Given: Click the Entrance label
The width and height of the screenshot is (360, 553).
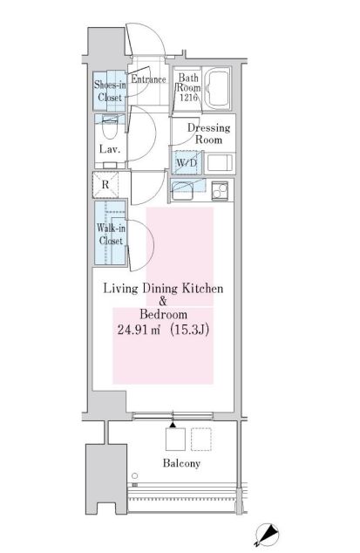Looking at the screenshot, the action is pos(148,79).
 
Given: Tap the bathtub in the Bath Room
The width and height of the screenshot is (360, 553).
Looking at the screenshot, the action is pos(217,88).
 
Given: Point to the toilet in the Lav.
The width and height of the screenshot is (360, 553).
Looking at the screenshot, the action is pos(109,127).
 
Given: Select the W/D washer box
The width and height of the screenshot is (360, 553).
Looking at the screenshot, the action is pos(187,163).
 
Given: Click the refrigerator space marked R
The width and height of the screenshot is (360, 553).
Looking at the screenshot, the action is pos(105,184).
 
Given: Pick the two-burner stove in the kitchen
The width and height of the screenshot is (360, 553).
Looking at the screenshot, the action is pos(221,190).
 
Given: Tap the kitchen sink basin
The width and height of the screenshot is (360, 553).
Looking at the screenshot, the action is pos(181,191).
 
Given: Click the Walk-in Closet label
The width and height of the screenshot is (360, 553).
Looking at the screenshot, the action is pos(111,234).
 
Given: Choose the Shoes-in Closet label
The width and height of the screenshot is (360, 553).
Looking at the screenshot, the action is pos(110,91).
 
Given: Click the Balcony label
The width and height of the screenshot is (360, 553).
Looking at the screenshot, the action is pos(181,463).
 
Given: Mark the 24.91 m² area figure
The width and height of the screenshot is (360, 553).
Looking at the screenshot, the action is pos(139,330).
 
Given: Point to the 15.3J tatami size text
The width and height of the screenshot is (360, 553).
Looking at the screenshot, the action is pos(190,330).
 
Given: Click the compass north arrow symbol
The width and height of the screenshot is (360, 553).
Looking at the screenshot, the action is pos(267,535).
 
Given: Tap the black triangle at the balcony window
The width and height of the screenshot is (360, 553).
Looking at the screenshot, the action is pos(173,425).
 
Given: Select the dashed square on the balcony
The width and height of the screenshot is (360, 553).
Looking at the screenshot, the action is pos(201,439).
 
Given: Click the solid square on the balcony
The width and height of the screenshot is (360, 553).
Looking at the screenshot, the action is pos(175,439).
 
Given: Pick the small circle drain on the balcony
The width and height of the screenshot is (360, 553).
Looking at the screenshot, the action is pos(135,475).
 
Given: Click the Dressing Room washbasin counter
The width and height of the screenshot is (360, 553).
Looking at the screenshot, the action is pos(220,163).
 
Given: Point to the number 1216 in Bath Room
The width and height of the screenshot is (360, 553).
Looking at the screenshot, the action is pos(188,98).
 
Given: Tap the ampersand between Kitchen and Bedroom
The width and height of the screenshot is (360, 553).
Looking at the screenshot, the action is pos(163,302).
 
